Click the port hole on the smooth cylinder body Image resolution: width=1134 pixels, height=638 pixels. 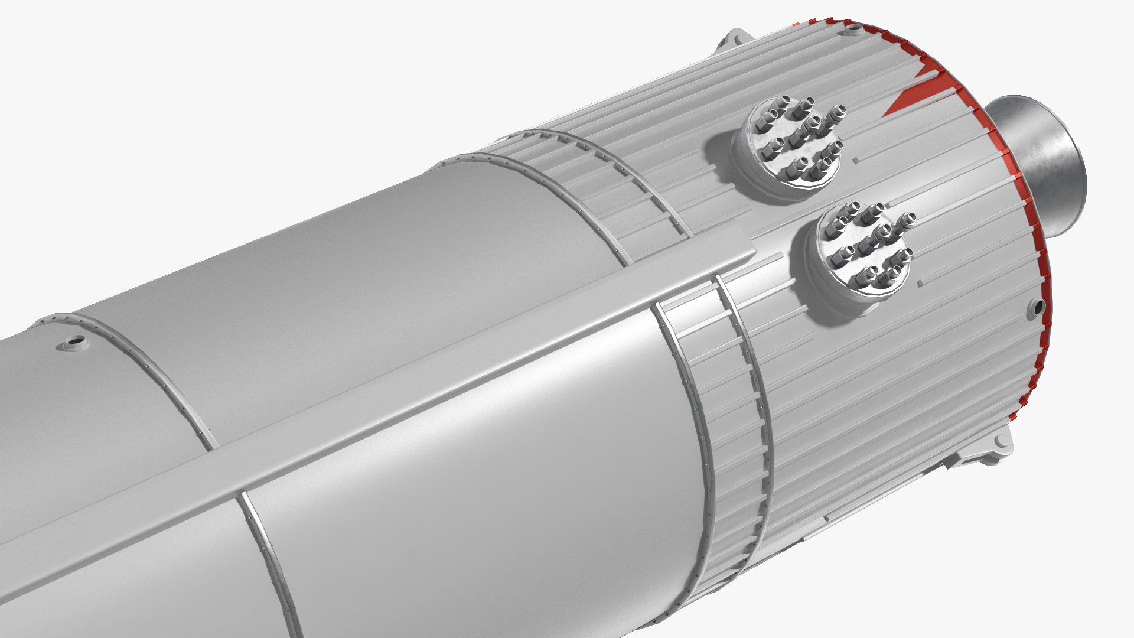(76, 341)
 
